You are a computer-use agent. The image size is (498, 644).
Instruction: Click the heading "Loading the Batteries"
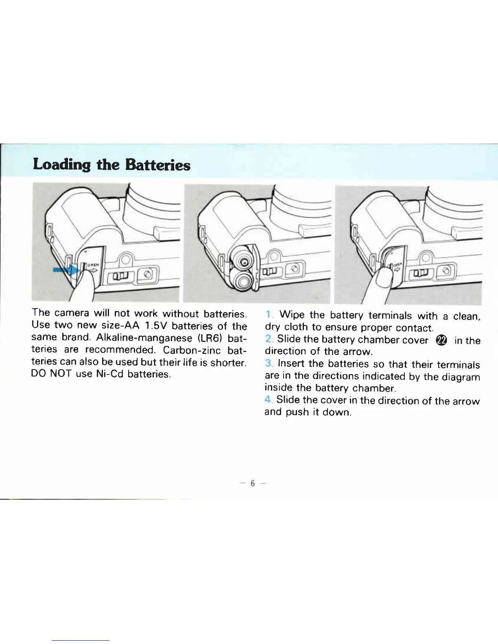[x=111, y=165]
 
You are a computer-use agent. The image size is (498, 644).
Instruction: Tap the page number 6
[x=252, y=483]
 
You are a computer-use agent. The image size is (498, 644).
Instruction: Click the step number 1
[x=268, y=315]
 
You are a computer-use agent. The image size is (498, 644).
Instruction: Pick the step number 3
[x=268, y=363]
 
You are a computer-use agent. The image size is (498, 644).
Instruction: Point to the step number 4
[x=268, y=400]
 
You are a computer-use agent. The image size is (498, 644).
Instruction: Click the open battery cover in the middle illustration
[x=255, y=266]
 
